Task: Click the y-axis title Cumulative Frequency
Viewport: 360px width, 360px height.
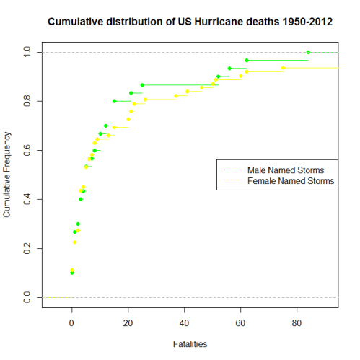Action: (x=8, y=174)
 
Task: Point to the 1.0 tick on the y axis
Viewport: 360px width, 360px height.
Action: (x=27, y=52)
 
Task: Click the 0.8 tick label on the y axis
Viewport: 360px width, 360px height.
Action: (x=27, y=101)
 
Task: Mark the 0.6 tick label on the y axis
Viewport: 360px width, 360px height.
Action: (x=27, y=150)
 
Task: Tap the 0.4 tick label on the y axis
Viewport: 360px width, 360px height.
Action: (x=27, y=199)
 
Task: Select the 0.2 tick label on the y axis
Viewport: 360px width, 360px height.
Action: (x=27, y=248)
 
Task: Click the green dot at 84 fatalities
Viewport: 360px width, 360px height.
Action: (x=308, y=52)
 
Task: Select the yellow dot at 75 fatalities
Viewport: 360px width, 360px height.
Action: (x=283, y=68)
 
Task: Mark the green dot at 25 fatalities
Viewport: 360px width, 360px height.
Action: (x=142, y=85)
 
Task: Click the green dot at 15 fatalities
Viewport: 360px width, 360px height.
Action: (x=114, y=101)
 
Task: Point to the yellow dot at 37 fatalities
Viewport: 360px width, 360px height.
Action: (x=176, y=95)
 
